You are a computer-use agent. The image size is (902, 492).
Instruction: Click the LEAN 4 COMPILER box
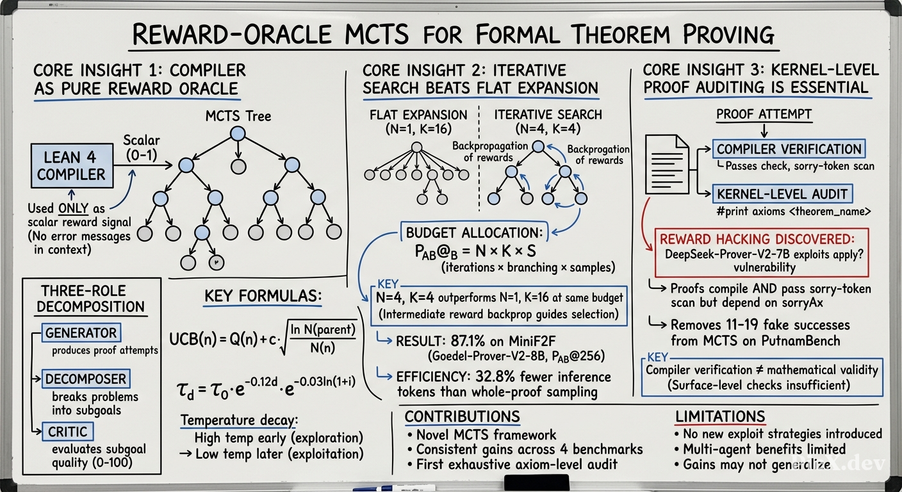tap(72, 165)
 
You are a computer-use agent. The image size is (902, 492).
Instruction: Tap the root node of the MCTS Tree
tap(238, 133)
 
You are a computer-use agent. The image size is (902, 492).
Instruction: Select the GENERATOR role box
tap(81, 332)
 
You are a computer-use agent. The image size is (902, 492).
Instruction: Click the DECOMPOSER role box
tap(86, 379)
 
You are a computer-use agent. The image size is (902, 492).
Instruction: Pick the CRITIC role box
tap(67, 432)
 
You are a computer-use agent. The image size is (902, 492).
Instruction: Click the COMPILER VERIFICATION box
tap(789, 149)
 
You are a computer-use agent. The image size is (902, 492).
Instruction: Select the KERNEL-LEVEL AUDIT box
tap(782, 194)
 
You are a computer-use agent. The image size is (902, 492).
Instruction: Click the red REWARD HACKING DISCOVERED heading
tap(757, 239)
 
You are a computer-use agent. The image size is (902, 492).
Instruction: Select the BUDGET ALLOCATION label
tap(474, 233)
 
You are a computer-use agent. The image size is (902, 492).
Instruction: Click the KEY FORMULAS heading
tap(263, 296)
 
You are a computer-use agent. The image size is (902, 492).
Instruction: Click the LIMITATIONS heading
tap(720, 416)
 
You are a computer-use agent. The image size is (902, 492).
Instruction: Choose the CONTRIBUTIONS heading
tap(463, 416)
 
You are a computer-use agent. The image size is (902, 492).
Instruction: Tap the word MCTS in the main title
tap(377, 34)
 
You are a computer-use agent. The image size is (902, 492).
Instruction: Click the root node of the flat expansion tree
tap(417, 147)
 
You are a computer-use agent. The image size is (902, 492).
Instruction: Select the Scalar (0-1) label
tap(142, 147)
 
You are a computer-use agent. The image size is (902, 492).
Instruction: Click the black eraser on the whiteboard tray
tap(537, 482)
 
